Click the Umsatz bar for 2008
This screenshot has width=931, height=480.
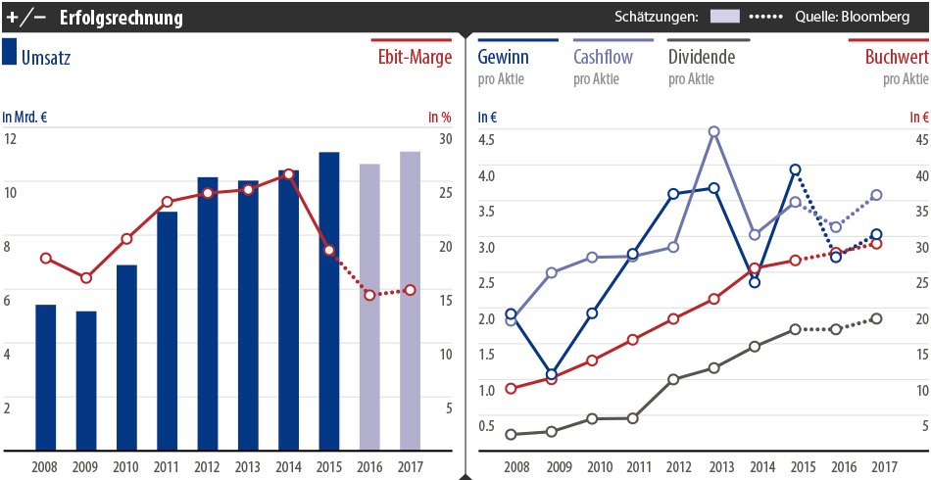coord(45,377)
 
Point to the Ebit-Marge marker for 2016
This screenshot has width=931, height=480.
coord(369,294)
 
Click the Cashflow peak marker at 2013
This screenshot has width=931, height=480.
coord(714,131)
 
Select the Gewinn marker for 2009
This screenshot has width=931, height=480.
coord(551,374)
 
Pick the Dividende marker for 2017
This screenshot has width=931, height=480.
coord(876,318)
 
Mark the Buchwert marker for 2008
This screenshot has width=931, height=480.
coord(511,388)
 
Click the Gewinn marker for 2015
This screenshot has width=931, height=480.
coord(795,169)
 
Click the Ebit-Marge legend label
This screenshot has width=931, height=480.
coord(415,57)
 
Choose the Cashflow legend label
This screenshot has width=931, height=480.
coord(603,57)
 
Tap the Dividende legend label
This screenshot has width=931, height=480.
coord(701,57)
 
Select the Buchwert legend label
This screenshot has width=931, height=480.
coord(896,57)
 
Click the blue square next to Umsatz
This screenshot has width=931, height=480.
coord(10,53)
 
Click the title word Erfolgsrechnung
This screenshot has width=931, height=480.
coord(121,18)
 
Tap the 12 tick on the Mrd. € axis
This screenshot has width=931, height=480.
coord(11,138)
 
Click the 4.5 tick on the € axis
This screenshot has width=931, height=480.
coord(487,138)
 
